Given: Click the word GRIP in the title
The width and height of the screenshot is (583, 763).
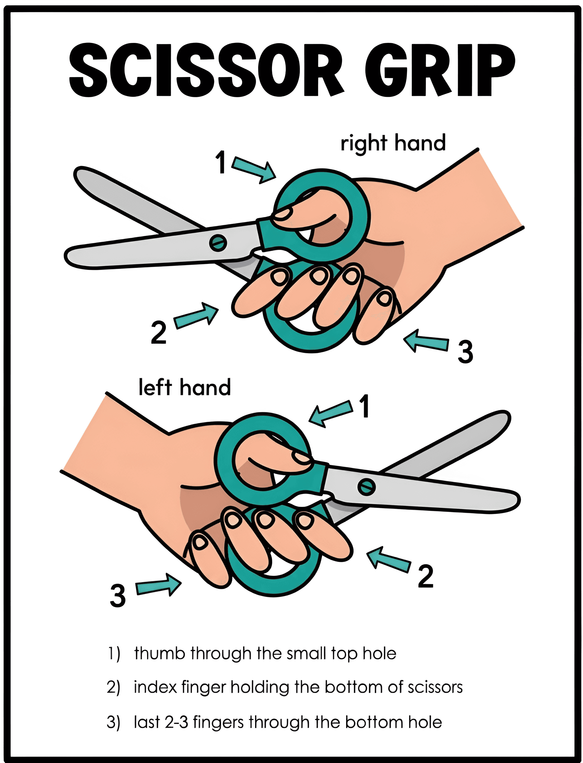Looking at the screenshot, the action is [x=440, y=70].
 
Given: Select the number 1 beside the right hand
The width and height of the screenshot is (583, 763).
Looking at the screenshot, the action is [x=221, y=162].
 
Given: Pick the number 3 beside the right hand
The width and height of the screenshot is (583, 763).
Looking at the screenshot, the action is [x=465, y=352].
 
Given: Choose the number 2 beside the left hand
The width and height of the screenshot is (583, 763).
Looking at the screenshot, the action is [x=426, y=576].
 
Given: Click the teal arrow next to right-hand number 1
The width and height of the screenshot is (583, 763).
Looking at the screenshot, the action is [x=254, y=169].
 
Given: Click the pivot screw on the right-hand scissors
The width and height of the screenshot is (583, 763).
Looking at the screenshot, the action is [x=218, y=242].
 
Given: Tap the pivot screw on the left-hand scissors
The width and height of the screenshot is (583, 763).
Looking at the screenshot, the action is [x=366, y=487].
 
